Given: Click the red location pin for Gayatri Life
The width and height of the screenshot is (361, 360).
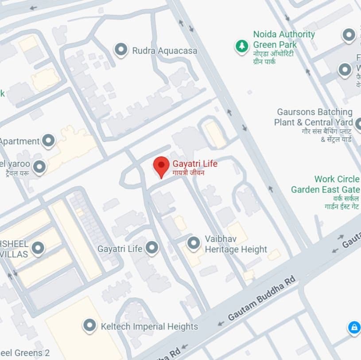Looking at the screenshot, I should point(161,166).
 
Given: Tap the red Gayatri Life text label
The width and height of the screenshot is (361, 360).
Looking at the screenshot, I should point(195,164).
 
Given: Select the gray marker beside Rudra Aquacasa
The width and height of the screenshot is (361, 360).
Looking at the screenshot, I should point(121,50).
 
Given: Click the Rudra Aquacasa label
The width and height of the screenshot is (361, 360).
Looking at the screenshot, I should point(164,51).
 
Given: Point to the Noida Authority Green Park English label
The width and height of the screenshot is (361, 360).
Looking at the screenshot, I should point(283,39).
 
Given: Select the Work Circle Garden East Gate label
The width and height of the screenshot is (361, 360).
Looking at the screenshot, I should point(325,184).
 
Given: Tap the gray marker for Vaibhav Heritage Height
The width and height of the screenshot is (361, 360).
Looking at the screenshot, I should point(193,243).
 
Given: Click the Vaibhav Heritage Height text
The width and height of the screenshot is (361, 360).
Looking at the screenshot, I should point(236,244).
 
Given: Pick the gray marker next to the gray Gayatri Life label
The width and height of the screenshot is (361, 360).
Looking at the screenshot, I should point(152,248).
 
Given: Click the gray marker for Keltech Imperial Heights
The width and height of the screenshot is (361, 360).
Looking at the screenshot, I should point(90,326).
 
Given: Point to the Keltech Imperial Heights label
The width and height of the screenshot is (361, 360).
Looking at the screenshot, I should point(149,327).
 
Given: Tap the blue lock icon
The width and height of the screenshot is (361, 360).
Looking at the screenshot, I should point(353,328).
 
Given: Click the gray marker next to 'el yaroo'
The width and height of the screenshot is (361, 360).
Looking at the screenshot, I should point(40,167).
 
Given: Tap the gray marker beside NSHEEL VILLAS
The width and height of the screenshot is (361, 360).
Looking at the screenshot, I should point(38,248).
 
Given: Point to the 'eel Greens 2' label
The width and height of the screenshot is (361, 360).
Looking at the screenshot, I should point(25,353).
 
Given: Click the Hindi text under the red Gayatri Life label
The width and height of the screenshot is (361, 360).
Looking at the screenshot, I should point(188,173).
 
